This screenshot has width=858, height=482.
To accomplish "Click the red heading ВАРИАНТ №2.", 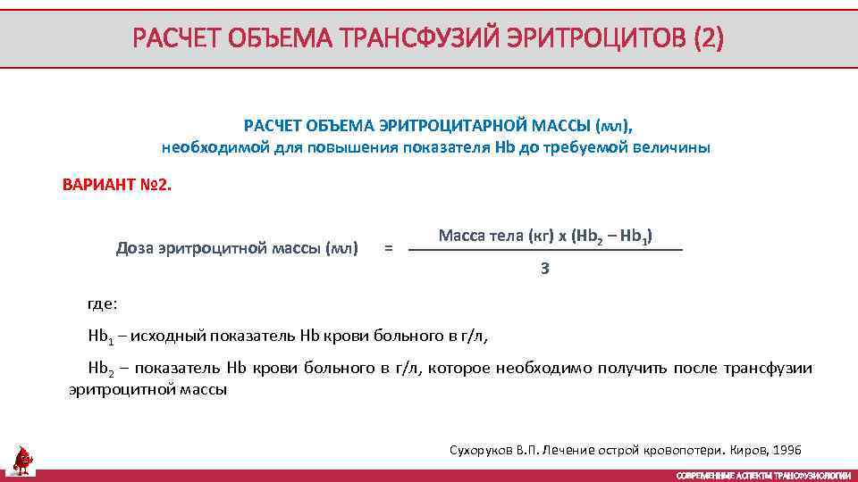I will pos(116,187).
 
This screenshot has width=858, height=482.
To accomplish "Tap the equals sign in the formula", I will pos(387,248).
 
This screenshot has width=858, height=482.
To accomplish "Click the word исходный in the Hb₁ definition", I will pos(174,336).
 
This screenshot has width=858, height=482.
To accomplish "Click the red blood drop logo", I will pos(21,459).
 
